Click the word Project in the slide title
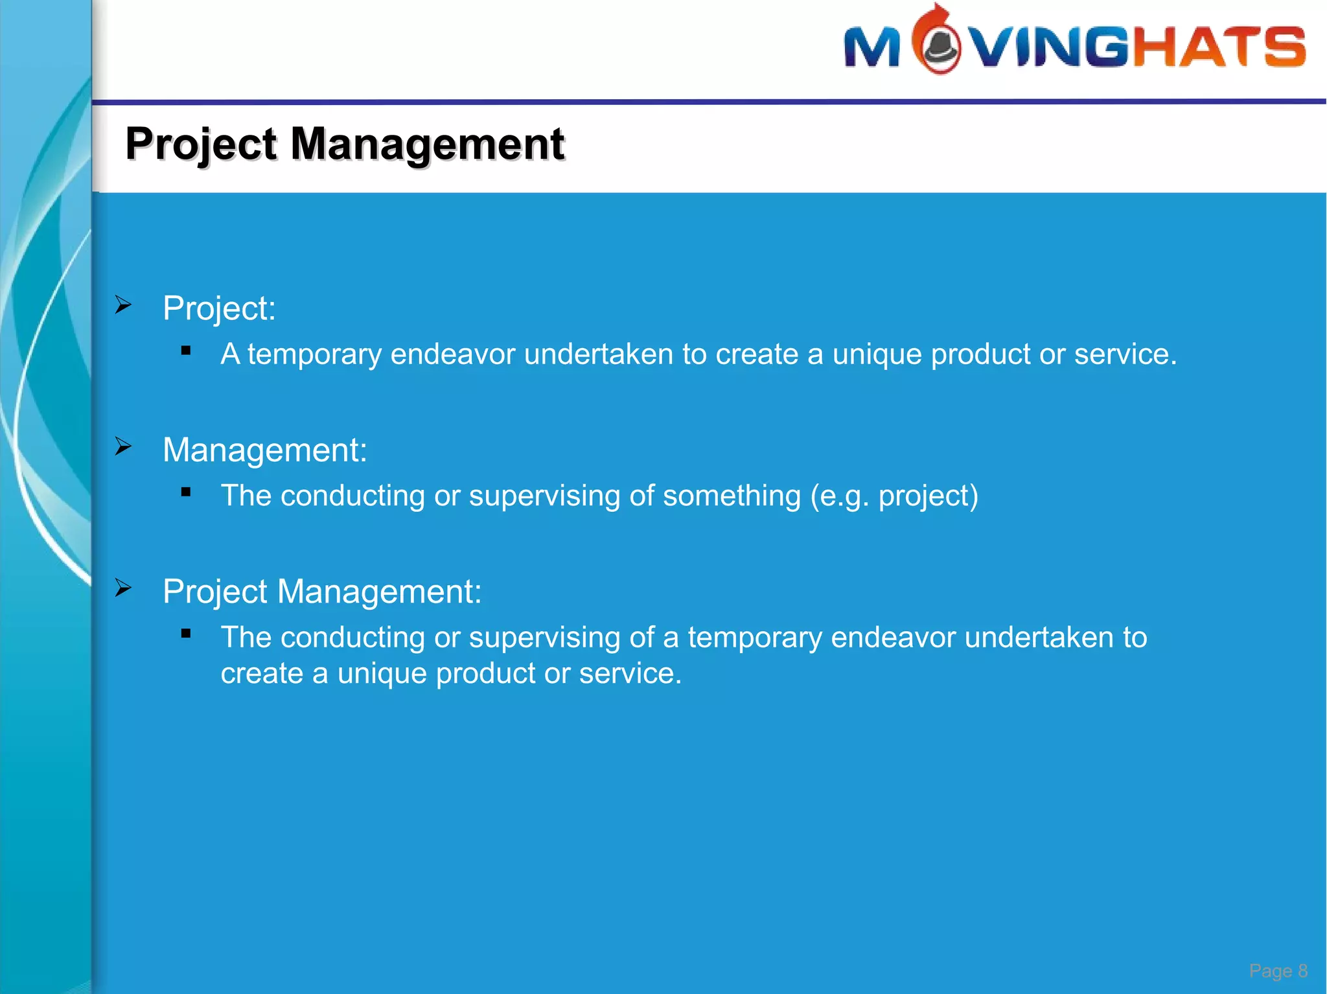202,144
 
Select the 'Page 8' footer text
1278,971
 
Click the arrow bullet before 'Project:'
123,305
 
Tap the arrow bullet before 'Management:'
123,446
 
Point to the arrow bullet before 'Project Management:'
123,588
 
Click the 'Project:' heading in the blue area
219,308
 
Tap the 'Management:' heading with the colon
264,450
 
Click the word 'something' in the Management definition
732,496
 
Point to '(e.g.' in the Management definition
839,496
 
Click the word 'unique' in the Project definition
877,354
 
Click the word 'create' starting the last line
262,674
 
